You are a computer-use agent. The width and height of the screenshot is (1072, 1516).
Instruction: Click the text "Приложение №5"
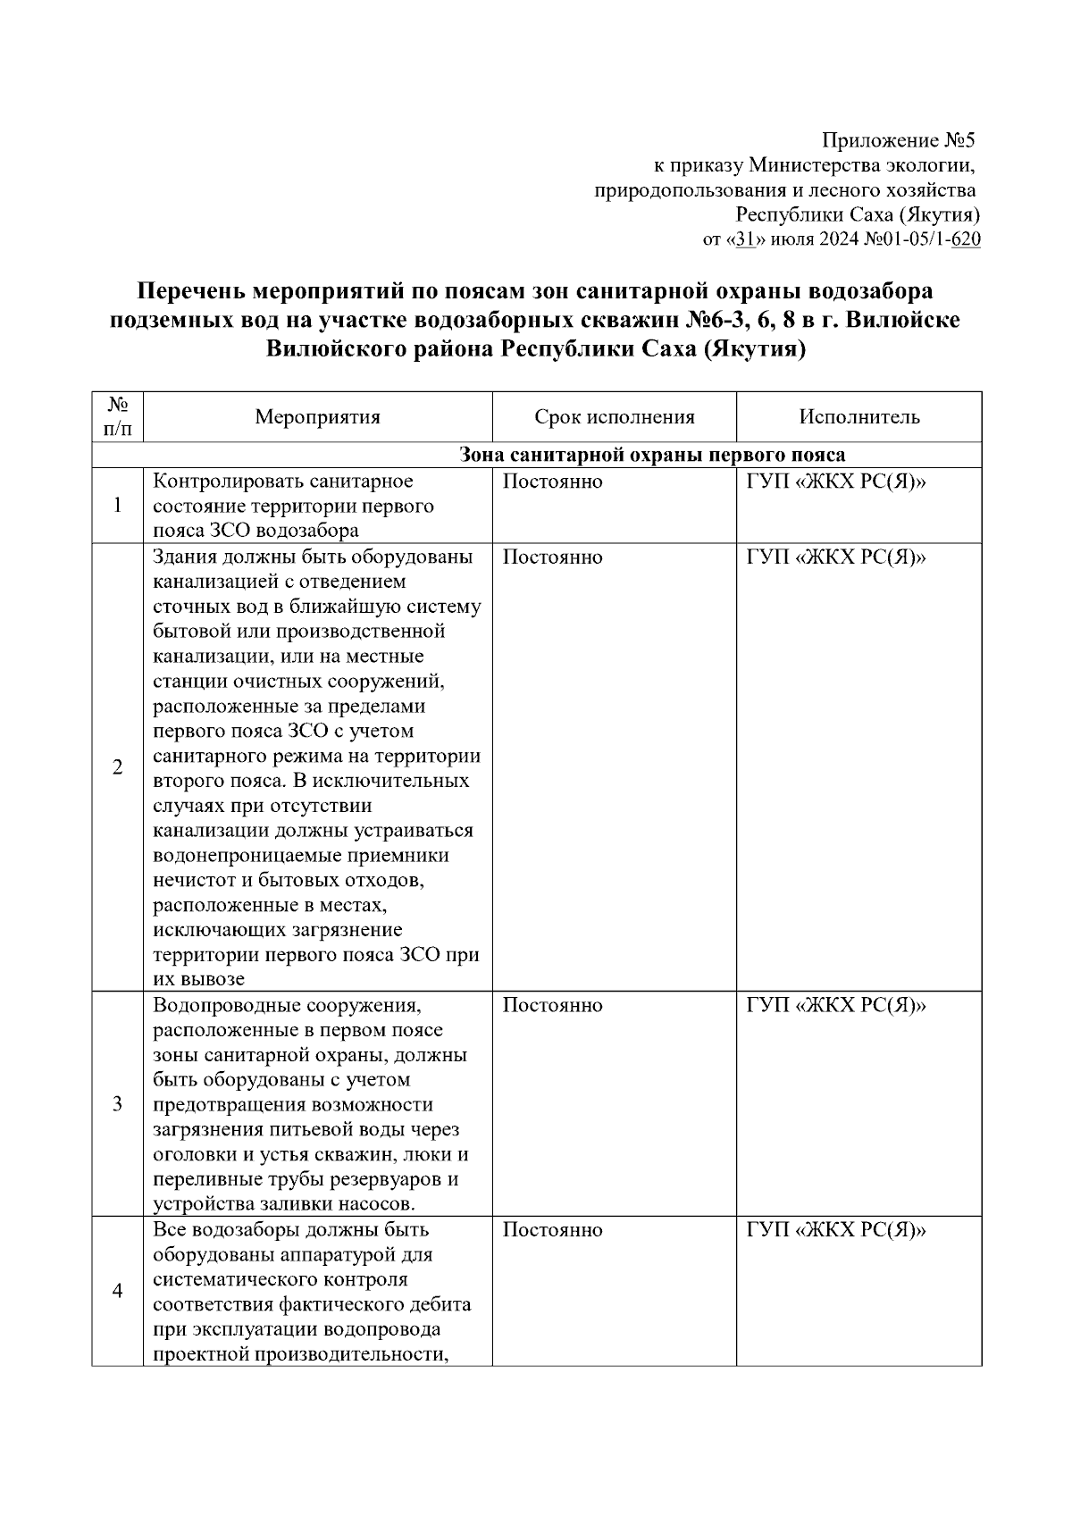[900, 140]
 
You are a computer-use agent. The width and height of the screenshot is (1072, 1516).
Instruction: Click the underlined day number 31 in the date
[744, 239]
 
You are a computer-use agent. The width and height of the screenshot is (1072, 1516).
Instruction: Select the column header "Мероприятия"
[317, 417]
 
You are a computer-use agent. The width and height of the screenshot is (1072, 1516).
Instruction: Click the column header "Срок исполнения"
[614, 417]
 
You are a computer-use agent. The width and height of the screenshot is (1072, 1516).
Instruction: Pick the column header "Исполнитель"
[858, 417]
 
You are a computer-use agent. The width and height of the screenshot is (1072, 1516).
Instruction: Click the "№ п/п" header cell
[117, 417]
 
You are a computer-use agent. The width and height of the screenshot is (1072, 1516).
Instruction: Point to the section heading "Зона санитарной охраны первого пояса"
[652, 456]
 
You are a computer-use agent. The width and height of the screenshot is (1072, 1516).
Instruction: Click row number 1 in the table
[117, 506]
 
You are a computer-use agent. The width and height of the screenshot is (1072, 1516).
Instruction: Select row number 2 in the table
[117, 767]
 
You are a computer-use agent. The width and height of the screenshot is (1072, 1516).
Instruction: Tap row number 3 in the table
[117, 1104]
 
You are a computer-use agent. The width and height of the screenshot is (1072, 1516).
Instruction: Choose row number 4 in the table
[117, 1291]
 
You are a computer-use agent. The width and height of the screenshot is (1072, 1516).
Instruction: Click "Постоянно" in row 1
[552, 482]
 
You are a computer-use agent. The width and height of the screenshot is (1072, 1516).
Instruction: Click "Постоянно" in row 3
[552, 1006]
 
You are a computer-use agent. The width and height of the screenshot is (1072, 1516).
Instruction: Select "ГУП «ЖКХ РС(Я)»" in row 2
[836, 557]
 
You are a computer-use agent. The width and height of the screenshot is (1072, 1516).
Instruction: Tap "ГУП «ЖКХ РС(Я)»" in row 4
[836, 1230]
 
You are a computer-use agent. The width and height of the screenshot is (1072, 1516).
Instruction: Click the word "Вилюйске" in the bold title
[903, 320]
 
